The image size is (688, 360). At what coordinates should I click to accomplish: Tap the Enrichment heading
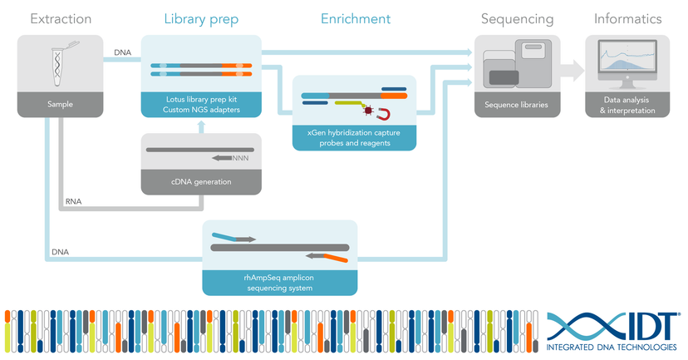point(356,18)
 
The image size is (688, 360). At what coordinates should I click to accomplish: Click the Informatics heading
point(627,18)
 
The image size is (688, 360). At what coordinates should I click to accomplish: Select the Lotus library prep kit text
point(201,100)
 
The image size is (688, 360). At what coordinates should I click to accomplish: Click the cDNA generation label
point(201,182)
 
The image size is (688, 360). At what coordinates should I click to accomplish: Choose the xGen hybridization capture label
point(354,137)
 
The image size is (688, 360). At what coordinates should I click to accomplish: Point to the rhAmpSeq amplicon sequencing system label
point(280,282)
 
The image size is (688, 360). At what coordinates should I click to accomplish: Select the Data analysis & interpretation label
point(627,106)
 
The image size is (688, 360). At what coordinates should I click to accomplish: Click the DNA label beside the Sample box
point(122,52)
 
